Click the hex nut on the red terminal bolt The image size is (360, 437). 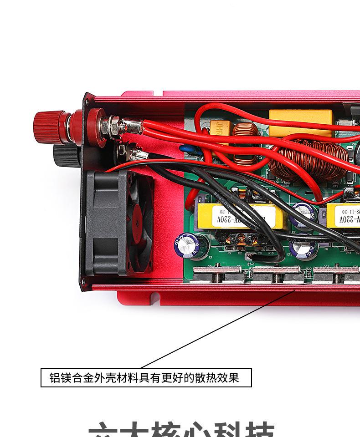pyautogui.click(x=113, y=124)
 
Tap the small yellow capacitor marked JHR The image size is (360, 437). pyautogui.click(x=221, y=129)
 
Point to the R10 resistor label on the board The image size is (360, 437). pyautogui.click(x=271, y=253)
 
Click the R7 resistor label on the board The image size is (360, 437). pyautogui.click(x=229, y=253)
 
